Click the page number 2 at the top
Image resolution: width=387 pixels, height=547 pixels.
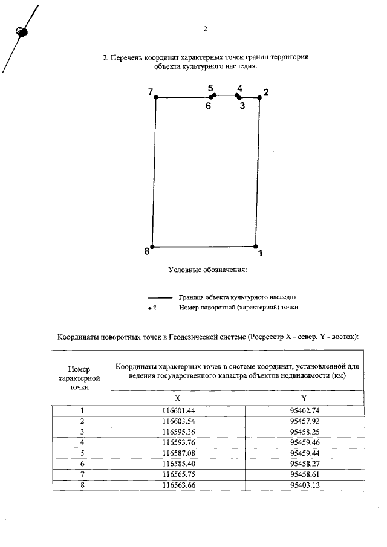[x=206, y=29]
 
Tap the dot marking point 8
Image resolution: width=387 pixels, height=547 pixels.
[x=152, y=247]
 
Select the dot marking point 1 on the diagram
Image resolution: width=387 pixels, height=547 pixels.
[x=255, y=247]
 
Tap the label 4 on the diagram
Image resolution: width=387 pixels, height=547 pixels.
[x=240, y=88]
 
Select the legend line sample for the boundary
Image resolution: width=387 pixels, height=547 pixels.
[x=160, y=297]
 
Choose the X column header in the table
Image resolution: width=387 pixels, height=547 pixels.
[x=177, y=398]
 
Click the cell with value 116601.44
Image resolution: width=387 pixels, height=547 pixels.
[x=177, y=410]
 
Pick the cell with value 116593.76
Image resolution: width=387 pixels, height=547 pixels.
[x=177, y=441]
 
